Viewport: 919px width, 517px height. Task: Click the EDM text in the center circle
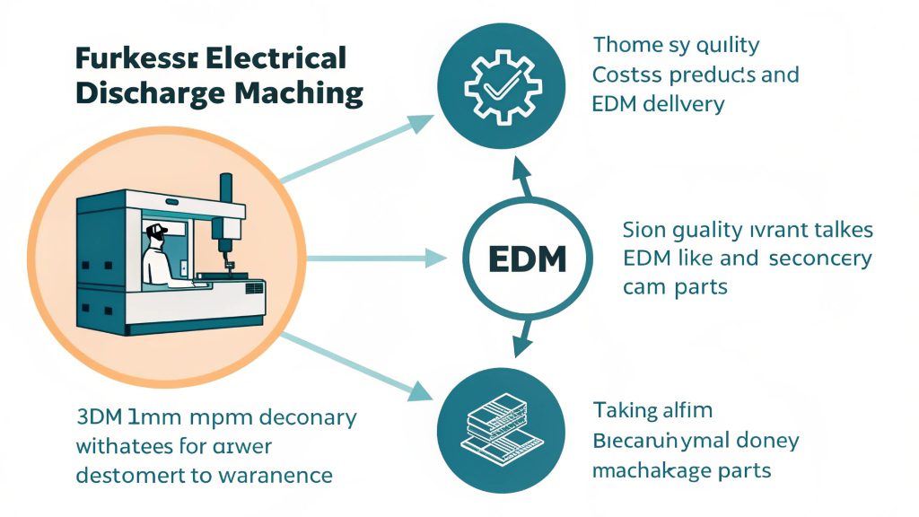point(529,259)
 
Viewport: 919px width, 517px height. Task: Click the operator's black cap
point(158,231)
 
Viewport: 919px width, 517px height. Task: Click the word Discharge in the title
point(138,92)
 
